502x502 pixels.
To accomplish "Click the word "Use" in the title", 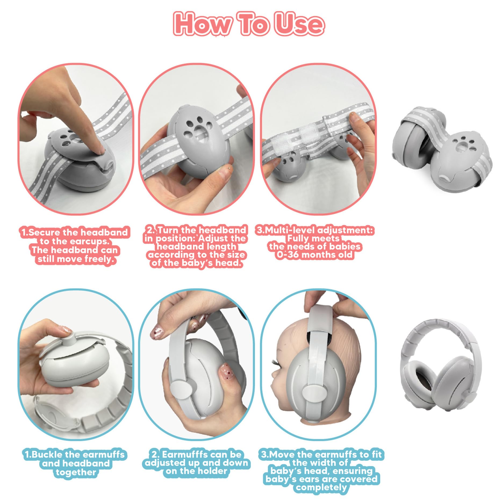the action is click(299, 24).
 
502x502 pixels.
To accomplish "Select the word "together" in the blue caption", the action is click(76, 472).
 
